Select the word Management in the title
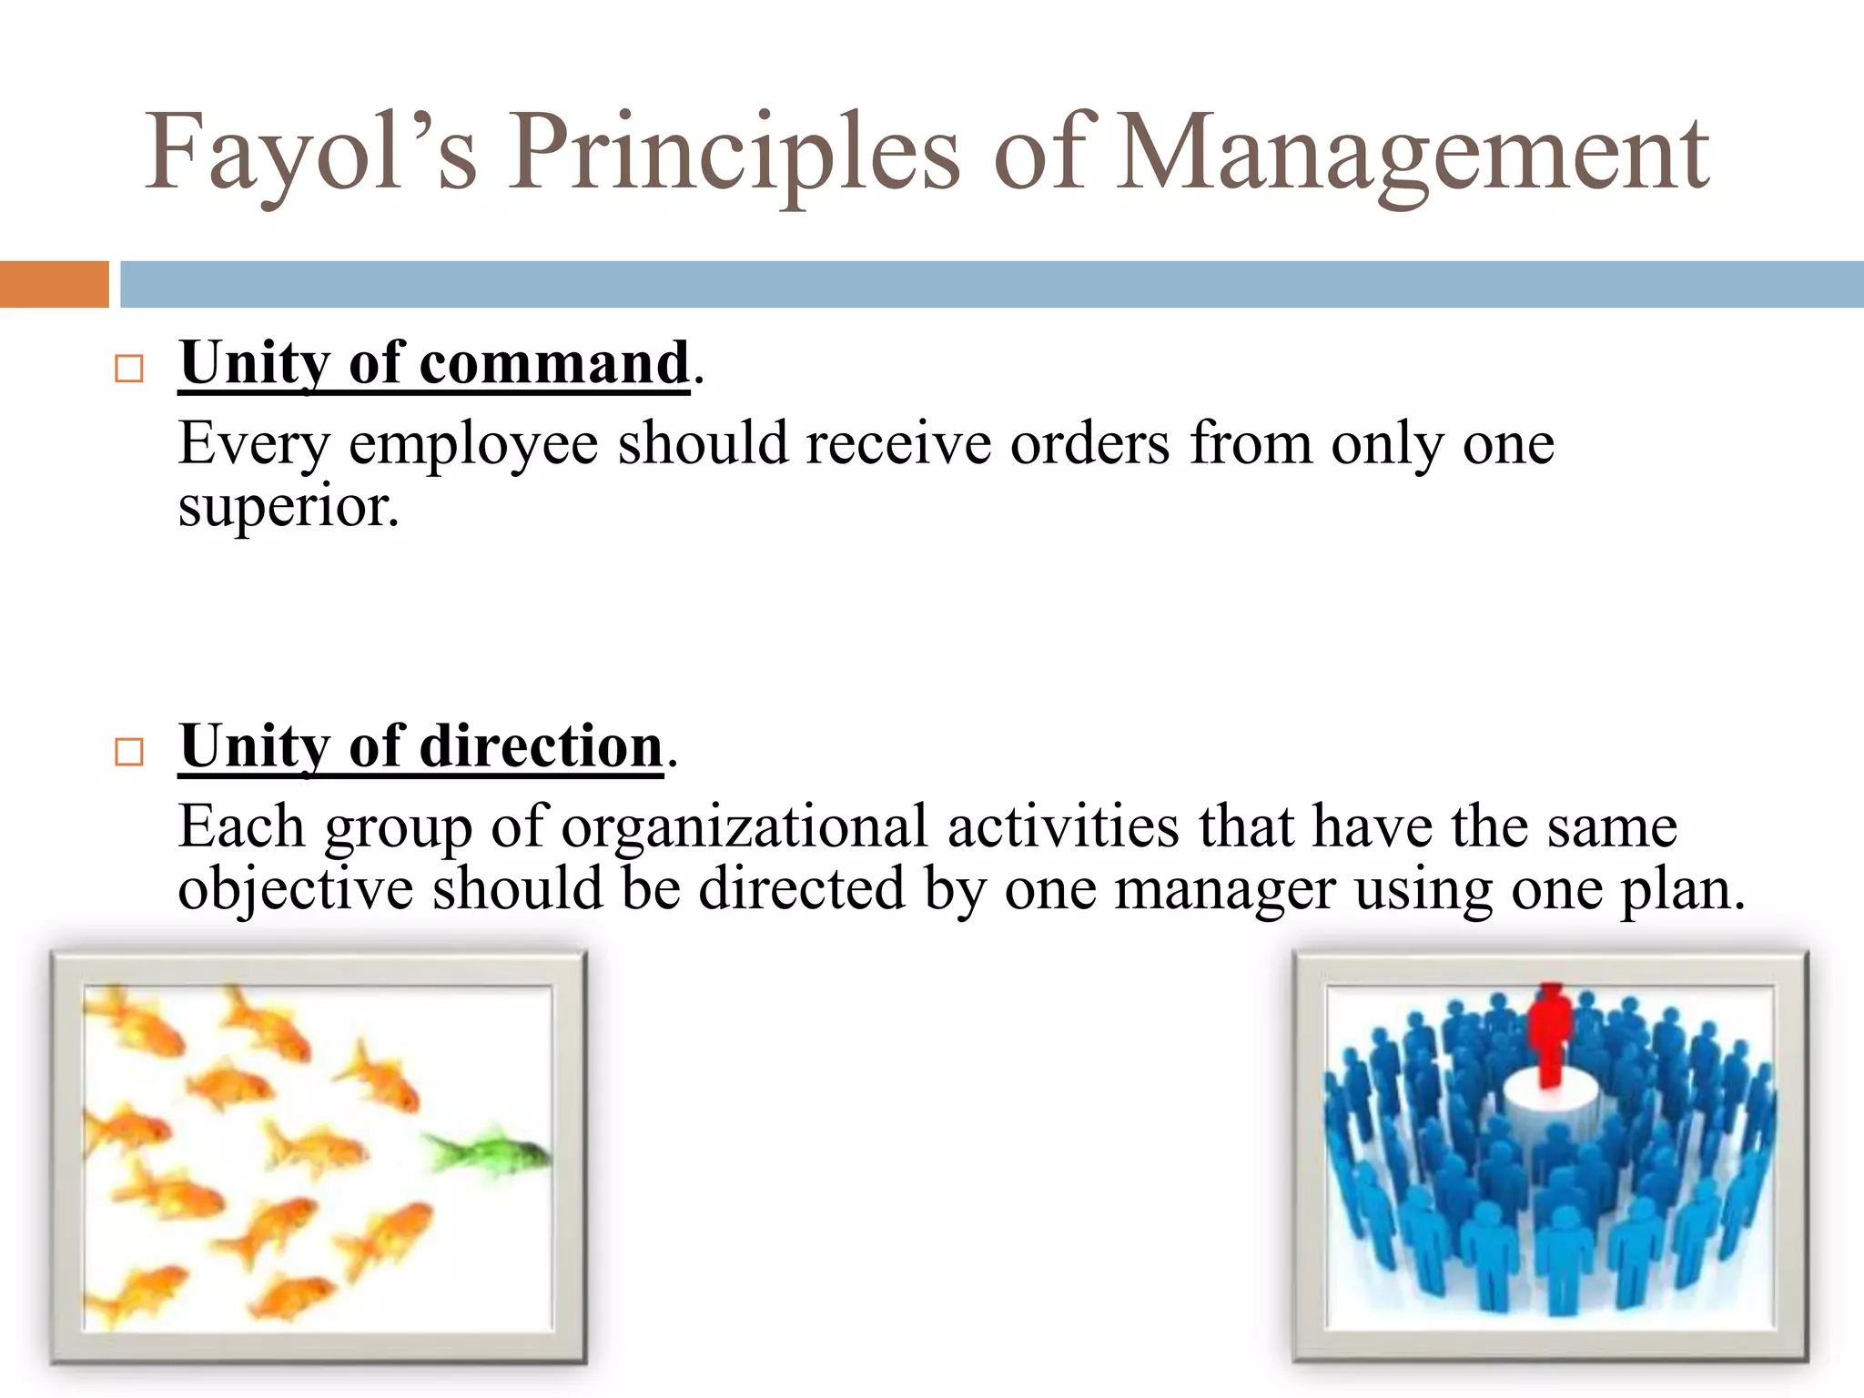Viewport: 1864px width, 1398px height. (1413, 153)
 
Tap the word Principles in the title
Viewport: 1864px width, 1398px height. (734, 153)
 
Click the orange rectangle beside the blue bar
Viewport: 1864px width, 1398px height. (54, 284)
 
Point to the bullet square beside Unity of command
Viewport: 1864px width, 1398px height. (129, 369)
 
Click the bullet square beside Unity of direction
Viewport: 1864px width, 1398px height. (129, 752)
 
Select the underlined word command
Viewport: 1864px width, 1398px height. (554, 363)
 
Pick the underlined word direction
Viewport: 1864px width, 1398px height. (541, 746)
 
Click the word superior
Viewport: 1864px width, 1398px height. (288, 506)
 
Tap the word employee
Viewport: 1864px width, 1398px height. (473, 446)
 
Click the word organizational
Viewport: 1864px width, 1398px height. (744, 828)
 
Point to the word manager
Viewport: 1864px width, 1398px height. (1225, 890)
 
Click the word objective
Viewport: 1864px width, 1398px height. (295, 890)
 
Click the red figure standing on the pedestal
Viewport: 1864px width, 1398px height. (1551, 1033)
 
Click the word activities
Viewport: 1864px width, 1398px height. (1063, 826)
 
